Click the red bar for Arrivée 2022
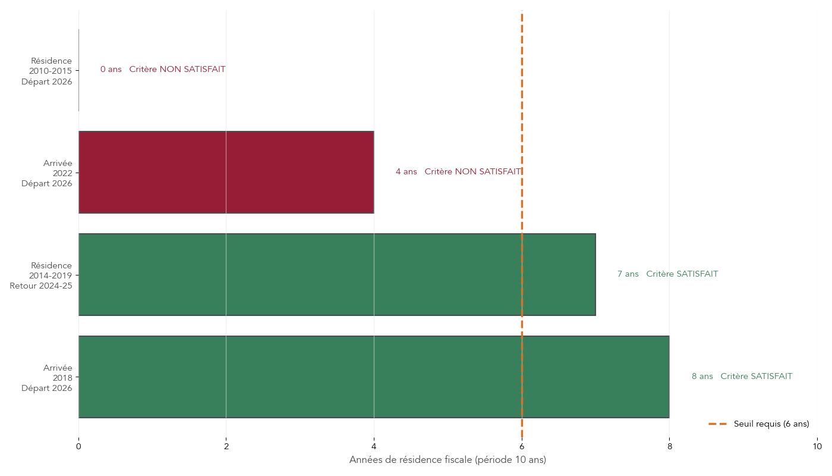pyautogui.click(x=226, y=172)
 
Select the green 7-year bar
pyautogui.click(x=336, y=274)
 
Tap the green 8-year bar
pyautogui.click(x=373, y=377)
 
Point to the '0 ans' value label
pyautogui.click(x=111, y=70)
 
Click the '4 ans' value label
pyautogui.click(x=406, y=172)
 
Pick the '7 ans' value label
pyautogui.click(x=628, y=274)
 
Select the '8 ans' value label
pyautogui.click(x=702, y=377)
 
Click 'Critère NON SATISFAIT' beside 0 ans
pyautogui.click(x=177, y=70)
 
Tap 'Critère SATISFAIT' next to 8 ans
pyautogui.click(x=756, y=377)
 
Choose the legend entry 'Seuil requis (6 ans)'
pyautogui.click(x=771, y=424)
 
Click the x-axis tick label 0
pyautogui.click(x=78, y=446)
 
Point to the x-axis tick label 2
pyautogui.click(x=226, y=446)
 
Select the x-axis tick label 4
pyautogui.click(x=374, y=446)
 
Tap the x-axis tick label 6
pyautogui.click(x=522, y=446)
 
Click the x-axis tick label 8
pyautogui.click(x=669, y=446)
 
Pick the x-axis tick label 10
pyautogui.click(x=817, y=446)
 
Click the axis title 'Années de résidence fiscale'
pyautogui.click(x=447, y=460)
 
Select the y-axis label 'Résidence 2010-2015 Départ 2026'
pyautogui.click(x=47, y=71)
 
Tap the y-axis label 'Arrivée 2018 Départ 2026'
pyautogui.click(x=47, y=378)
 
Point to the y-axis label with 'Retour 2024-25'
pyautogui.click(x=41, y=275)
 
